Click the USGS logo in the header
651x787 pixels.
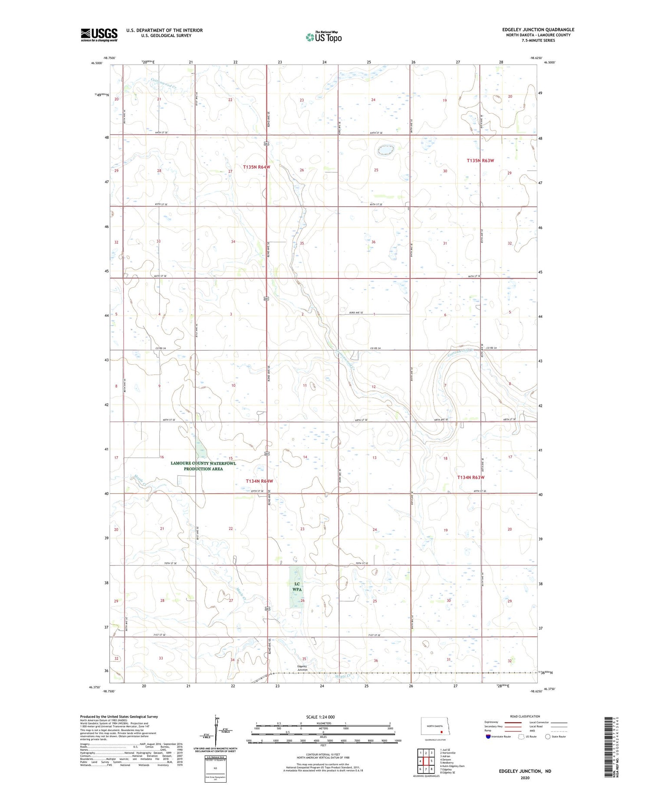tap(99, 35)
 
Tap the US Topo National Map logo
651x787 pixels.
tap(324, 37)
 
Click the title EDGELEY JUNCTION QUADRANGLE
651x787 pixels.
tap(538, 30)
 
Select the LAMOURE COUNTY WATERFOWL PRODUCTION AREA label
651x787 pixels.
tap(203, 466)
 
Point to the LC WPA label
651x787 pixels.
tap(297, 586)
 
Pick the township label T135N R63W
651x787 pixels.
tap(480, 161)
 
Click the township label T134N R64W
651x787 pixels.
tap(260, 481)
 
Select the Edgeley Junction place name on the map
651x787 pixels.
tap(302, 668)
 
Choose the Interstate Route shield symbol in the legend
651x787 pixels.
tap(488, 737)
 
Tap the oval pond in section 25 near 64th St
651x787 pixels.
tap(385, 150)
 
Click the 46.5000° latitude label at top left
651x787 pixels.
tap(97, 63)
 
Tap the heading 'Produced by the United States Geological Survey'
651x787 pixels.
tap(119, 717)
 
